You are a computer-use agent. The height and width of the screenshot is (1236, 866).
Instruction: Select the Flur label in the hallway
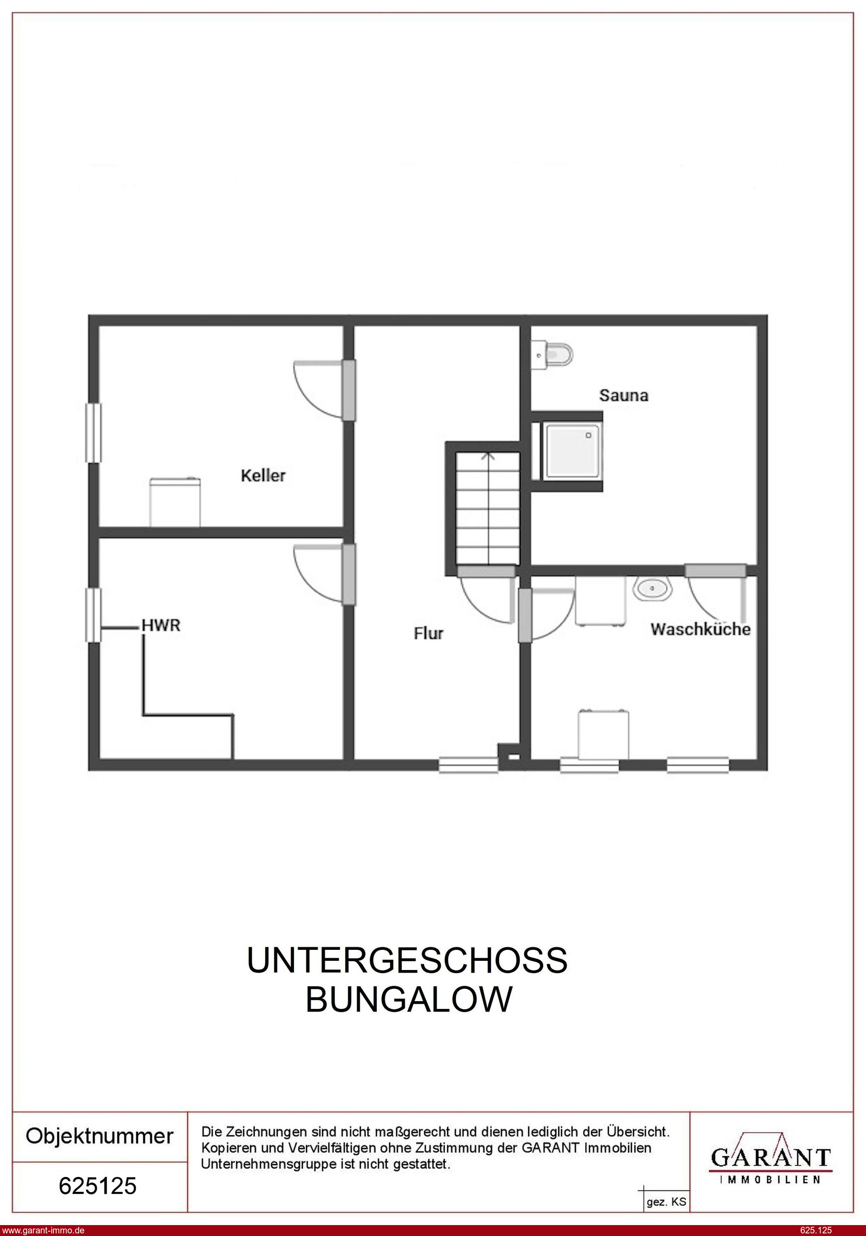coord(429,634)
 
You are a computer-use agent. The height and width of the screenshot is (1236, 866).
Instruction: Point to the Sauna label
coord(624,395)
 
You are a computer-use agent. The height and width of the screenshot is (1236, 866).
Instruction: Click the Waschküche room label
coord(700,629)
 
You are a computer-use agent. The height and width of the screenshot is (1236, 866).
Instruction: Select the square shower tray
coord(572,450)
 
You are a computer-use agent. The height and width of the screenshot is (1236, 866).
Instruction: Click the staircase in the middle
coord(488,508)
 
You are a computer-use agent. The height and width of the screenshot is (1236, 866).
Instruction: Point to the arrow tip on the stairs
coord(488,453)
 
